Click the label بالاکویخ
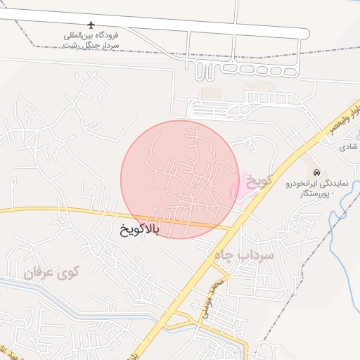[x=136, y=229]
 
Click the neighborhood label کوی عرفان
[x=53, y=271]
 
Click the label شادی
[x=349, y=147]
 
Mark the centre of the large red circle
[x=179, y=179]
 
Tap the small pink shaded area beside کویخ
[x=239, y=187]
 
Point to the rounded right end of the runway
[x=304, y=33]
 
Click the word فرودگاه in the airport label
[x=105, y=34]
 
